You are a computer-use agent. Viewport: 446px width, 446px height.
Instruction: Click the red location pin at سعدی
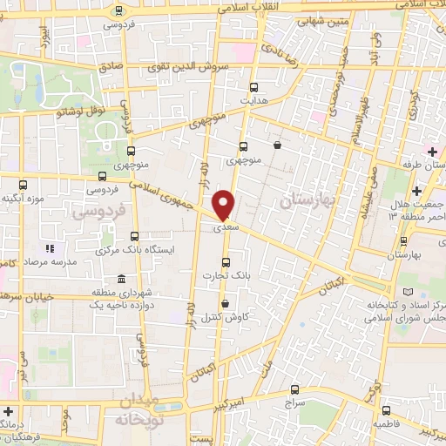coord(224,204)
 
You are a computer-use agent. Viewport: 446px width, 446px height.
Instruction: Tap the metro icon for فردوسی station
coord(119,10)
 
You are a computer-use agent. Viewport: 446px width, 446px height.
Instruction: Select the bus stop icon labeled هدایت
coord(254,87)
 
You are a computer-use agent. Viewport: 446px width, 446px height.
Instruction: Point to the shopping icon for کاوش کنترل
coord(226,304)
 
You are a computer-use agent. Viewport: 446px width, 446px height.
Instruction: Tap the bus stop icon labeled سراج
coord(294,389)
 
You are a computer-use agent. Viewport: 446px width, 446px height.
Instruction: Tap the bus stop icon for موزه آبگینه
coord(24,185)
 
